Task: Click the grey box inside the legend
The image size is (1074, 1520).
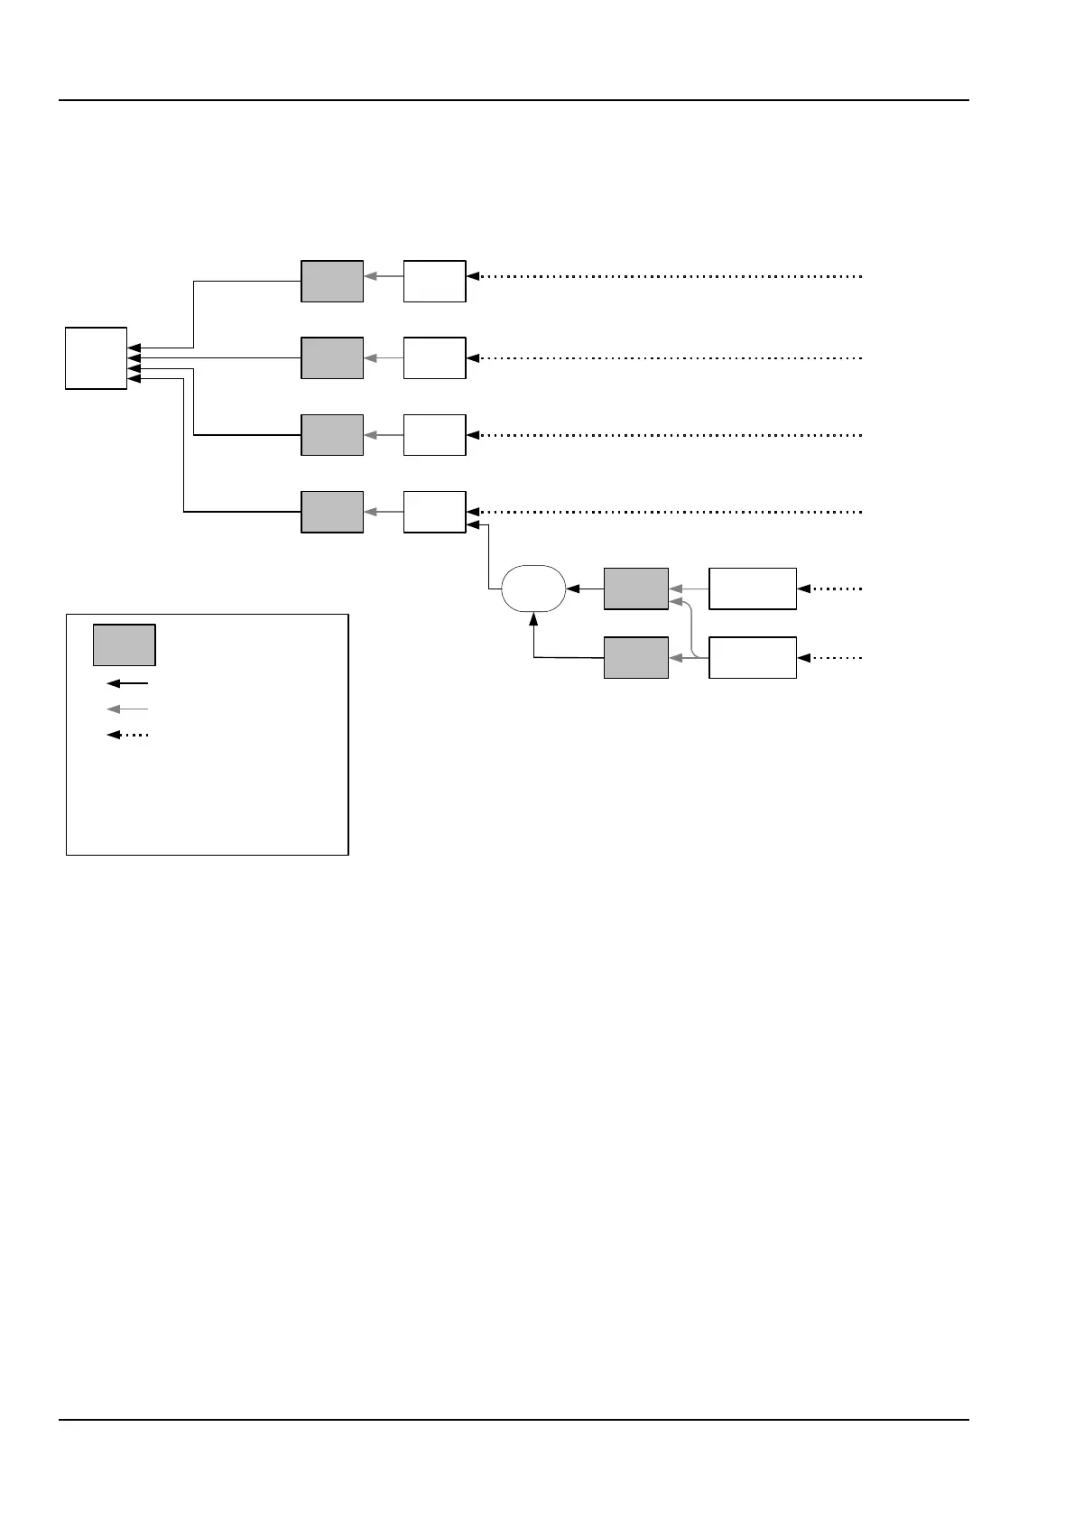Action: (125, 644)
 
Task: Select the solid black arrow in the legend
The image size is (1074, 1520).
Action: (127, 684)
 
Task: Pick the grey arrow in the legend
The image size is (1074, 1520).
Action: (127, 709)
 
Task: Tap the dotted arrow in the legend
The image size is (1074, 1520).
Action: (127, 735)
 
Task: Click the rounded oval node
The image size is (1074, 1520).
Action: (533, 589)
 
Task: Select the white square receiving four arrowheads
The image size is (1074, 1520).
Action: (96, 358)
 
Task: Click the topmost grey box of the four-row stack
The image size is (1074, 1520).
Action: (332, 281)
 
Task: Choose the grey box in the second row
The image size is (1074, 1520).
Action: (332, 358)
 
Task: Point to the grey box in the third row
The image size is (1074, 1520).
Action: (332, 435)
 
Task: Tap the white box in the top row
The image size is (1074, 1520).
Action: (434, 281)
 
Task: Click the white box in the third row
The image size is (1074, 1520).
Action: (434, 435)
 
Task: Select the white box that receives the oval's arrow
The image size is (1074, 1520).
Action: (434, 512)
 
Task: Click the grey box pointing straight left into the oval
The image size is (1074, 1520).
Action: (636, 589)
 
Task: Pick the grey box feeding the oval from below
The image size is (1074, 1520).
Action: (636, 657)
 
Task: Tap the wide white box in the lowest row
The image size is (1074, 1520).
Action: (753, 657)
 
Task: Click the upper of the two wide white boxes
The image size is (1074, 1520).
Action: (753, 589)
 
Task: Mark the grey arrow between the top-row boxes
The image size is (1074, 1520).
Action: (384, 276)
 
